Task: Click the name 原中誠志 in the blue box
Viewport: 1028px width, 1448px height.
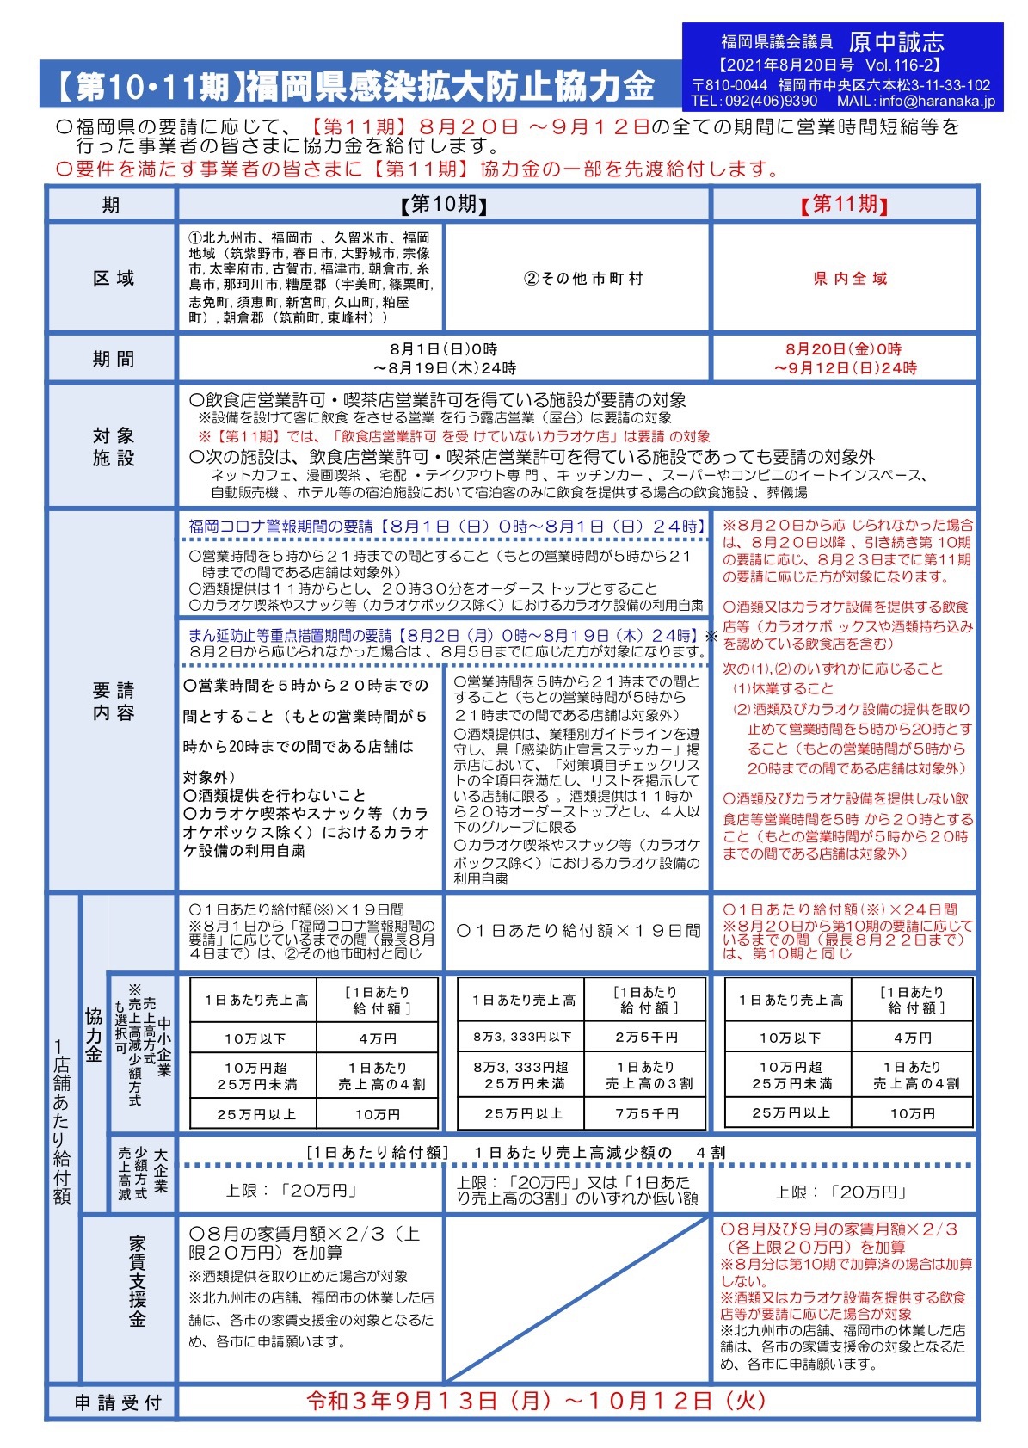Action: (896, 41)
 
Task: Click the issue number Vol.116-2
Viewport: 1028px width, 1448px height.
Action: (902, 65)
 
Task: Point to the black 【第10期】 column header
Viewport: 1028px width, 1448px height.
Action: (444, 205)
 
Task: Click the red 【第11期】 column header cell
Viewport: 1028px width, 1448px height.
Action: (844, 205)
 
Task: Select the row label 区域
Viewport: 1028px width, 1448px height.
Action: (113, 278)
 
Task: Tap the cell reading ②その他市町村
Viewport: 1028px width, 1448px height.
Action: (582, 279)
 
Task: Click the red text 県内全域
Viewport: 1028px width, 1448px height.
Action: (850, 279)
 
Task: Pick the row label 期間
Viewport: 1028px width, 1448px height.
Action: (113, 359)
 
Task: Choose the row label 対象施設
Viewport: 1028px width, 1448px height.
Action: (113, 447)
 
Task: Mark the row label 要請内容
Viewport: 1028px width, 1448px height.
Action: (113, 701)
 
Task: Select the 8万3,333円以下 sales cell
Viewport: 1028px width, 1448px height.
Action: (522, 1038)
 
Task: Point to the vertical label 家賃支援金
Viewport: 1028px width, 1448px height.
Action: (137, 1282)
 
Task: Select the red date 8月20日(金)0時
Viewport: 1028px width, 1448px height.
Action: (842, 349)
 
